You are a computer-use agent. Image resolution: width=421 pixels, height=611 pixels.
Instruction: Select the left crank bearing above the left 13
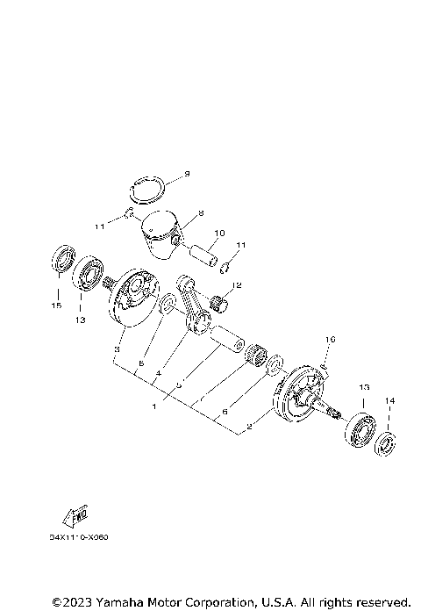click(x=88, y=274)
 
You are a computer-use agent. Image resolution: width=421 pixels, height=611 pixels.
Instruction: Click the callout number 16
click(x=331, y=339)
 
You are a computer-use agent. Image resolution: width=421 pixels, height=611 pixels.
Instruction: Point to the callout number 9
click(x=187, y=174)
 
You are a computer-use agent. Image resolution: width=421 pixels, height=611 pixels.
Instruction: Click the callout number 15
click(x=57, y=306)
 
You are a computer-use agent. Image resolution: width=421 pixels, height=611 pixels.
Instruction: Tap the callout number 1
click(x=155, y=406)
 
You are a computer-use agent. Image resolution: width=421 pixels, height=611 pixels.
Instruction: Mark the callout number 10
click(x=219, y=233)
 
